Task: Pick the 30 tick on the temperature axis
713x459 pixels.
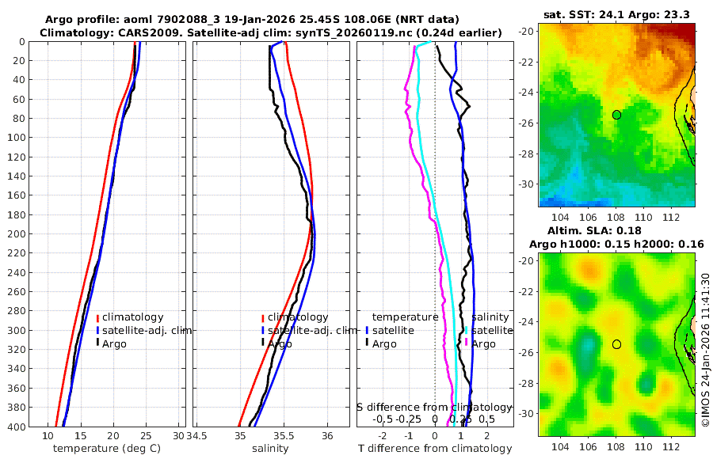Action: (178, 436)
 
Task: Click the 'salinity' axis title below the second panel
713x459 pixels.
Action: (269, 449)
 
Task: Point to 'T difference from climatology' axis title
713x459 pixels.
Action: (435, 449)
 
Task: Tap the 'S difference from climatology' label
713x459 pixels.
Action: (434, 407)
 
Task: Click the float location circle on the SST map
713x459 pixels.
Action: (616, 115)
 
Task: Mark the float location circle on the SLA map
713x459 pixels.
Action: (616, 344)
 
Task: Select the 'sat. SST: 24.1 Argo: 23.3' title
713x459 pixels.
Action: (616, 14)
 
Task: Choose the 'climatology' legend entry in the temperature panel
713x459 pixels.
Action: (132, 317)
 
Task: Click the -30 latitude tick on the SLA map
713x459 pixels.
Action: (527, 413)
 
